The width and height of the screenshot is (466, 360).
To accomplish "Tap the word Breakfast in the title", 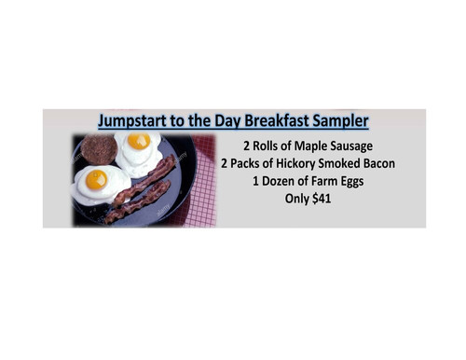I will (x=285, y=121).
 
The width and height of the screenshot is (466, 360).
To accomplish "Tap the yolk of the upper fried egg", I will (x=139, y=142).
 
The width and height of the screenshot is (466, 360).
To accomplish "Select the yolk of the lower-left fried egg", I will (x=96, y=178).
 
